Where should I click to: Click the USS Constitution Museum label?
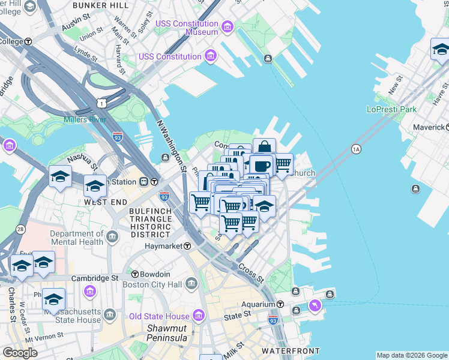(186, 28)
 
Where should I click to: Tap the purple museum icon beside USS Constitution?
(210, 56)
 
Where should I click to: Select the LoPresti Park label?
(391, 110)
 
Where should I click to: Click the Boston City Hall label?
(152, 284)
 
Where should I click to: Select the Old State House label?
(159, 316)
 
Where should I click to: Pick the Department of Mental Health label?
(76, 238)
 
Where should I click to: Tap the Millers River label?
(85, 119)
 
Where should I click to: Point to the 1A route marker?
(356, 149)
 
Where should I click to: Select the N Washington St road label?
(172, 145)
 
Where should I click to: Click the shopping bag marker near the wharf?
(264, 147)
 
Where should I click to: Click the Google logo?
(19, 353)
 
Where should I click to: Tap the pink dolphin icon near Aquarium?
(314, 307)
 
